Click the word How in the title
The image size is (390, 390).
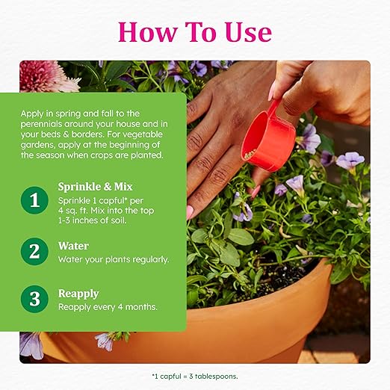[x=148, y=32]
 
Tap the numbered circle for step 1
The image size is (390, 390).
[x=34, y=200]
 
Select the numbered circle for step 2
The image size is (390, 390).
[x=34, y=251]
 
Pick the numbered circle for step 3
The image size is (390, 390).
[x=34, y=299]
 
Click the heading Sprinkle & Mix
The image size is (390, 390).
[x=95, y=187]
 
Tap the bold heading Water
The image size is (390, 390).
[x=73, y=246]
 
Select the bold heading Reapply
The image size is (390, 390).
[x=78, y=294]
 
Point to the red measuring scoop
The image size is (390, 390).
[x=268, y=139]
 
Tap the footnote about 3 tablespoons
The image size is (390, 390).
[x=195, y=377]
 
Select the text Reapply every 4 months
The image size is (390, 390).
[x=108, y=307]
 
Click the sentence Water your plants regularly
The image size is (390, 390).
[x=114, y=260]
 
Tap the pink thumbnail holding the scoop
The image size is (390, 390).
[x=272, y=92]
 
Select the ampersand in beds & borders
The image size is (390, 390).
[x=66, y=134]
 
